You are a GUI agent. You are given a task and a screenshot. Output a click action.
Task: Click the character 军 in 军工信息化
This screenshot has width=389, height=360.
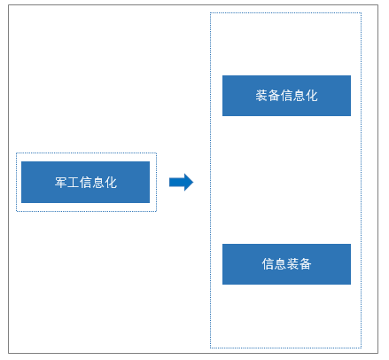click(x=61, y=183)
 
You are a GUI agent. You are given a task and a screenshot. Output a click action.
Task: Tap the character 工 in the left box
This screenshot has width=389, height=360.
click(x=74, y=183)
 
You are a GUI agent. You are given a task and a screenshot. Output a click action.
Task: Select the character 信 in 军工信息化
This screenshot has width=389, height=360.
click(x=86, y=183)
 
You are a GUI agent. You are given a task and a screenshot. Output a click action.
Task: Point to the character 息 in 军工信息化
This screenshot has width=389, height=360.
click(x=98, y=183)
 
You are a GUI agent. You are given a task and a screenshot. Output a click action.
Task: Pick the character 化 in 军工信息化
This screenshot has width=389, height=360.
click(x=111, y=183)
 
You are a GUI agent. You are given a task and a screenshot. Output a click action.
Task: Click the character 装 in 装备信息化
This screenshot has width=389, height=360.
click(x=261, y=96)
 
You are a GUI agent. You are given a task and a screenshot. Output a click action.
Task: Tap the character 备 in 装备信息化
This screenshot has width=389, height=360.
click(x=274, y=96)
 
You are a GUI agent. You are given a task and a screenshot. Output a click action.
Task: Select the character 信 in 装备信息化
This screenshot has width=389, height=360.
click(x=286, y=96)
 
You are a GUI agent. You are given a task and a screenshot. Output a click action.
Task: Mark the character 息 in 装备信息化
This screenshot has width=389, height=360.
click(x=300, y=96)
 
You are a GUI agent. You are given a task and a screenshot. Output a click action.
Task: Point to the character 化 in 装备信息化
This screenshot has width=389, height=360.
click(x=312, y=96)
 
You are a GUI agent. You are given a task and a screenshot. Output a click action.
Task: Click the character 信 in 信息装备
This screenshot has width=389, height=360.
click(x=268, y=264)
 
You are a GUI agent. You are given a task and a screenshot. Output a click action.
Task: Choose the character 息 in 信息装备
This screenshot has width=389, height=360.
click(x=280, y=264)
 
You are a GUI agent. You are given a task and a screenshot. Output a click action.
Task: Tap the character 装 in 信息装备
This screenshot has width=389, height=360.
click(x=292, y=264)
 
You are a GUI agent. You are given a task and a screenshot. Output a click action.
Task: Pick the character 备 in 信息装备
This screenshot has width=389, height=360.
click(x=306, y=264)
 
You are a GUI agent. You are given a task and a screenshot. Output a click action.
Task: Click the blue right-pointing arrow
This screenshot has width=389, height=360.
click(x=181, y=182)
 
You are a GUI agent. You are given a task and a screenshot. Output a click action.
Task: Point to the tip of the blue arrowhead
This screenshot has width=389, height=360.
click(x=193, y=182)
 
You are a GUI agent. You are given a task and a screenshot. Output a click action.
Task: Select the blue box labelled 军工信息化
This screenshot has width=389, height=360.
click(x=85, y=182)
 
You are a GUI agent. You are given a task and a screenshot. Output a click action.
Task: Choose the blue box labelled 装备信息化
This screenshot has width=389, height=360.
click(x=286, y=96)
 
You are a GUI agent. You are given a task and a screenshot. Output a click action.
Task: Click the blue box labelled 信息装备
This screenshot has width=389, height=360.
click(x=286, y=264)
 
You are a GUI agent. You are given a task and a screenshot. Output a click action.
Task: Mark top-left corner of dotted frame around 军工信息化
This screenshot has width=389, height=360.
click(x=17, y=153)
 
